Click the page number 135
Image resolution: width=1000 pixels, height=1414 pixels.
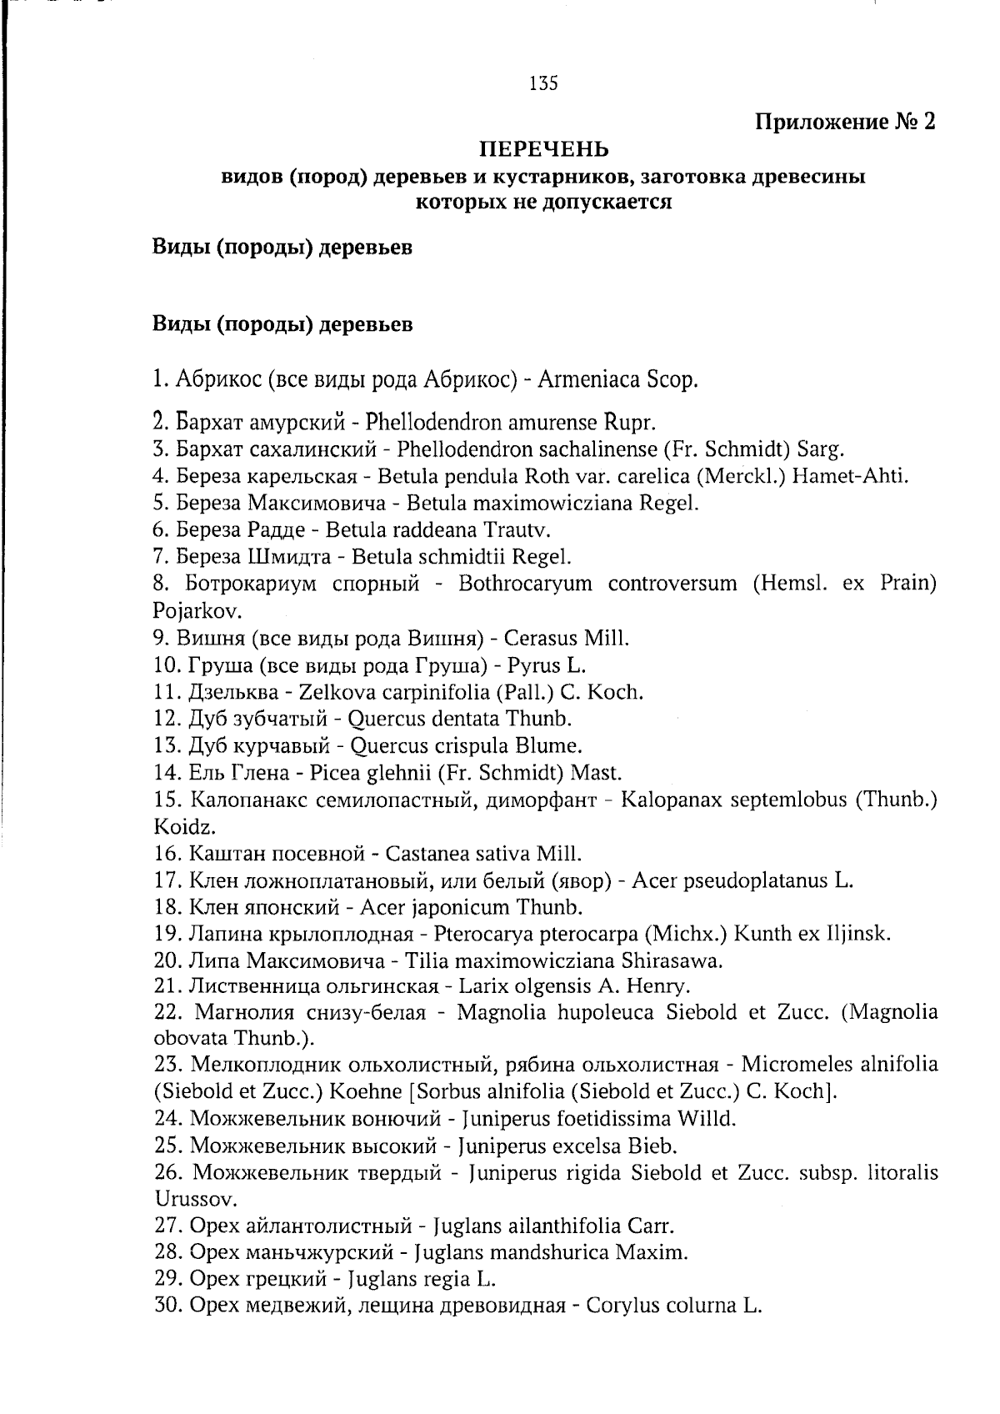coord(542,83)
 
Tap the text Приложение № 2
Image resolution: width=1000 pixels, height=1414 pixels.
coord(845,123)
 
